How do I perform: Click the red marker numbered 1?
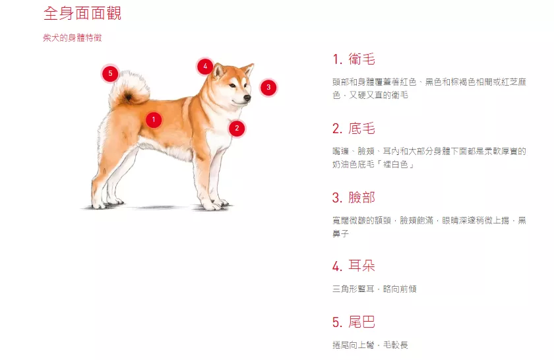point(153,120)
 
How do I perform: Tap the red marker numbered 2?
point(237,129)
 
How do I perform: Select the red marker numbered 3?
point(268,88)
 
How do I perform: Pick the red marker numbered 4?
point(205,67)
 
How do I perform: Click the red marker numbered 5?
point(110,73)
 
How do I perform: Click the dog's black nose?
point(247,98)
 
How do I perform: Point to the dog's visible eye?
point(232,86)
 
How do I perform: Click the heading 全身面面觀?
point(82,13)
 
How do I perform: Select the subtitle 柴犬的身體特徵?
point(73,38)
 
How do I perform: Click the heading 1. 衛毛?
point(354,59)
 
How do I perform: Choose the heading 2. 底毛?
point(354,129)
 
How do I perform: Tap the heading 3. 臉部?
point(354,198)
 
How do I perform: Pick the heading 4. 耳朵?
point(354,266)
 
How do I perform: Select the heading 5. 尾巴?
point(354,322)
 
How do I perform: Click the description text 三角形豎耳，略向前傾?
point(375,289)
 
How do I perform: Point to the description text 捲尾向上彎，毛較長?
point(370,345)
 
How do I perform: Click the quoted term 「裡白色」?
point(394,164)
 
